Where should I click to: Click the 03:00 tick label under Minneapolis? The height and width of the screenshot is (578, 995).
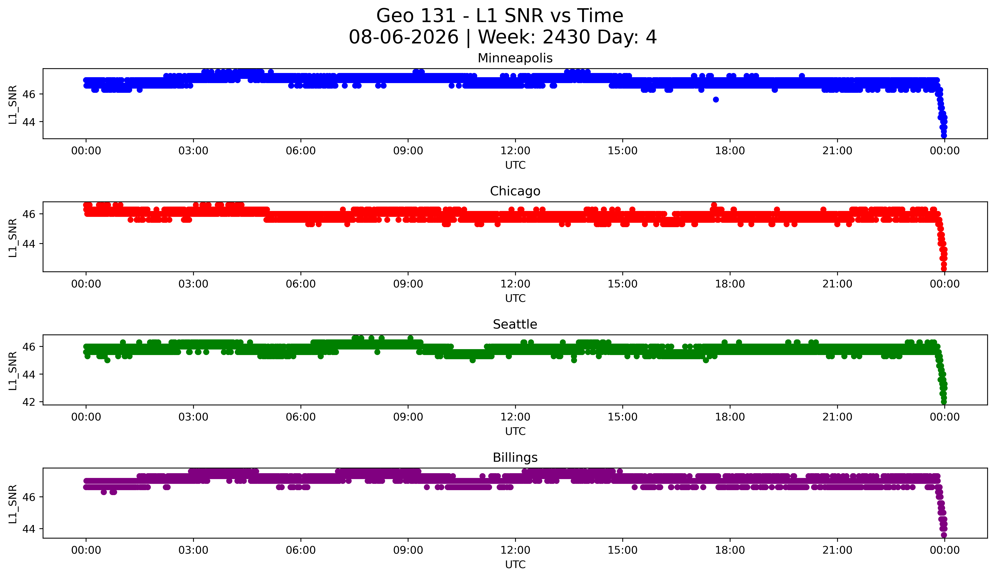[193, 151]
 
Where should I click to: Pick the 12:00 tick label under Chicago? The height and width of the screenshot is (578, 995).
[515, 284]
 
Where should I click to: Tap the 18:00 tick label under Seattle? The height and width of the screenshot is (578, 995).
[730, 417]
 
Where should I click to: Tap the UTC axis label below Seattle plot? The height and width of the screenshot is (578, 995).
[515, 431]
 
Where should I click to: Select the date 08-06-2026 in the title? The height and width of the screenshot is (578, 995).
[404, 37]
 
